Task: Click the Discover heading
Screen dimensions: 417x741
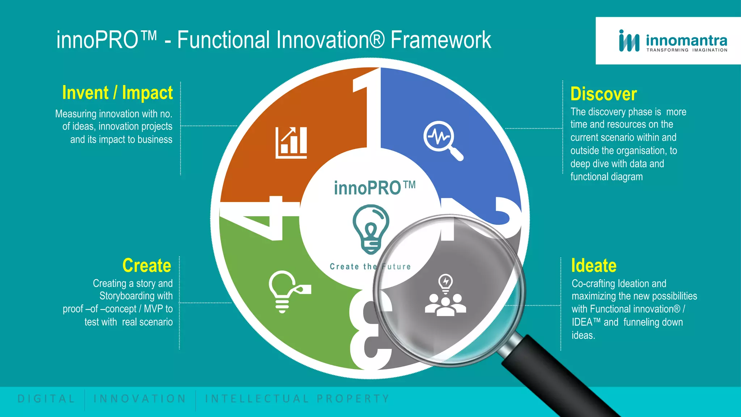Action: [603, 94]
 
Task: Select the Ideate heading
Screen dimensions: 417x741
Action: [593, 265]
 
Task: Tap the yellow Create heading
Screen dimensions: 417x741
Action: [147, 265]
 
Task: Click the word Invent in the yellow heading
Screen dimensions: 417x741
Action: [85, 93]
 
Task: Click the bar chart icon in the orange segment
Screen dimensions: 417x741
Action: [291, 143]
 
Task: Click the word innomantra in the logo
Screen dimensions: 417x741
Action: [686, 40]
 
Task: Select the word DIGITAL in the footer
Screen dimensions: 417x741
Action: [46, 399]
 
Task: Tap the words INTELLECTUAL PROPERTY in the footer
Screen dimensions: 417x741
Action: [297, 399]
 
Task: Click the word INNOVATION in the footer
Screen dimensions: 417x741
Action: [140, 399]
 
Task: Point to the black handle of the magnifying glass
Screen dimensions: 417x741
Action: [557, 376]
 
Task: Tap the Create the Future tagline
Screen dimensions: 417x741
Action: [370, 267]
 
